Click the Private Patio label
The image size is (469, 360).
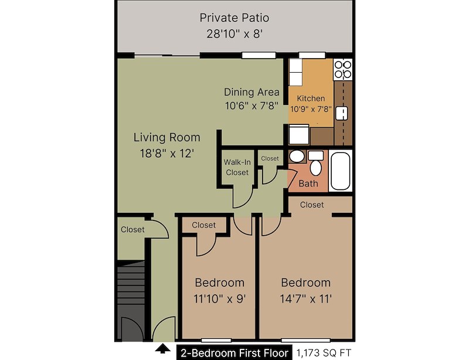coord(235,18)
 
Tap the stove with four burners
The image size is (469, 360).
coord(342,70)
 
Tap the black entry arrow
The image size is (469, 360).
coord(162,350)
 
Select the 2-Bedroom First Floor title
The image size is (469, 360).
coord(235,352)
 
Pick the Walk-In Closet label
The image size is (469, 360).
coord(237,167)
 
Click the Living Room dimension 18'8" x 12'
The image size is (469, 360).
coord(166,153)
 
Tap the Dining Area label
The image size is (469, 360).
coord(252,92)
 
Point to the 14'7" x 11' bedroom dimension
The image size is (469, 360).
coord(305,298)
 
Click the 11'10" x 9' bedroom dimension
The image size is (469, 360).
coord(219,298)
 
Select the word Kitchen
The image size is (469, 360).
coord(311,98)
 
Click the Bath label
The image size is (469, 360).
coord(308,184)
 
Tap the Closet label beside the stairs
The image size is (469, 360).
coord(132,229)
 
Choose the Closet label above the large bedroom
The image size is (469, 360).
coord(312,205)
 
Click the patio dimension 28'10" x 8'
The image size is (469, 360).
coord(235,34)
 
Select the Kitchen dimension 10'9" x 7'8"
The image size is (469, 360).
coord(311,108)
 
